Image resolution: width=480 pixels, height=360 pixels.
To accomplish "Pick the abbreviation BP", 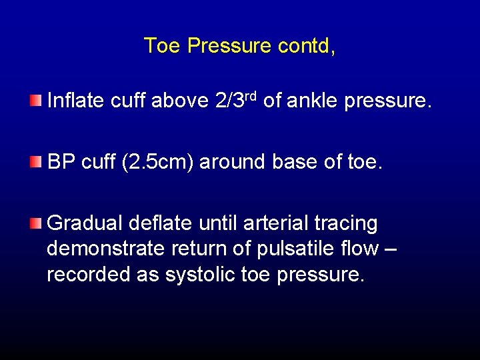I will [61, 162].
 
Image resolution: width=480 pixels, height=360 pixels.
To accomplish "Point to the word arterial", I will [275, 223].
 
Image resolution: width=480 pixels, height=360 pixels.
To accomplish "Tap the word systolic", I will [192, 275].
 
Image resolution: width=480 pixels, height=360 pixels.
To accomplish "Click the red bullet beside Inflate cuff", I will [35, 101].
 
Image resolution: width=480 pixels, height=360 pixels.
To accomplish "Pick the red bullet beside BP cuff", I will [35, 162].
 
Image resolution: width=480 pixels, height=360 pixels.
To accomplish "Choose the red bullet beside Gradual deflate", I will [35, 223].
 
